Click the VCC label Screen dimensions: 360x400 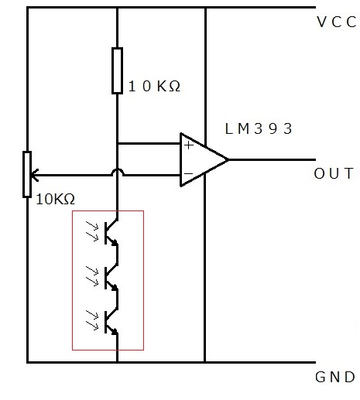(x=337, y=22)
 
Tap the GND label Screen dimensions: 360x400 (x=335, y=377)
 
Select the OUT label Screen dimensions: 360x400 (x=334, y=173)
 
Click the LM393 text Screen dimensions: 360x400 (x=259, y=128)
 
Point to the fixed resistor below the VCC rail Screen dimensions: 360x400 (x=117, y=70)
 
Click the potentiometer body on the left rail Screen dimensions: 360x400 (x=27, y=175)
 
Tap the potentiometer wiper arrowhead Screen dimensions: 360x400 (x=34, y=175)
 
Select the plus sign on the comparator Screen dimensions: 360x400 (x=189, y=145)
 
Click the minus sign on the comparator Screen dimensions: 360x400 (x=189, y=173)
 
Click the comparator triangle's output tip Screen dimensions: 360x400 (x=228, y=160)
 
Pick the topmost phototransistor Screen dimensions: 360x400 (x=111, y=233)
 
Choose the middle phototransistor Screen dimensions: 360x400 (x=111, y=278)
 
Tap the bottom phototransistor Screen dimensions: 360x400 (x=111, y=322)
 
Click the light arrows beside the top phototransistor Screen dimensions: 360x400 (x=92, y=231)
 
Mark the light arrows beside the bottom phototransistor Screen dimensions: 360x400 (x=92, y=320)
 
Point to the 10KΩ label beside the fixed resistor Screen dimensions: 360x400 (x=154, y=86)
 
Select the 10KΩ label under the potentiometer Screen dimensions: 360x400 (x=56, y=199)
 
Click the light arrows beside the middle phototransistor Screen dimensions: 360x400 (x=92, y=276)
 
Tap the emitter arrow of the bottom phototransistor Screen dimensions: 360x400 (x=115, y=331)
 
